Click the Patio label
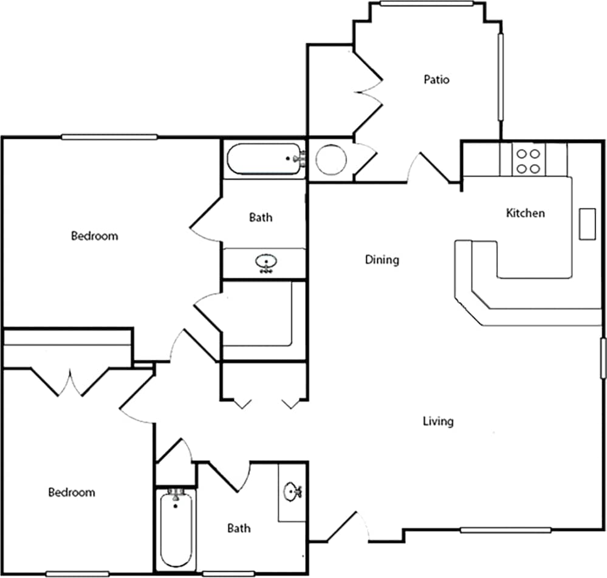[436, 80]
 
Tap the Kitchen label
[525, 213]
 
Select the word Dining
[382, 260]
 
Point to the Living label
[437, 421]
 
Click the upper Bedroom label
[94, 236]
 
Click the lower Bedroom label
[72, 492]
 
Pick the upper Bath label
[261, 218]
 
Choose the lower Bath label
[239, 528]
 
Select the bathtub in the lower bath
[176, 529]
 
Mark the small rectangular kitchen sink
[587, 224]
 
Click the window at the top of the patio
[427, 4]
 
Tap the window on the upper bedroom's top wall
[109, 137]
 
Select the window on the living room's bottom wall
[506, 530]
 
